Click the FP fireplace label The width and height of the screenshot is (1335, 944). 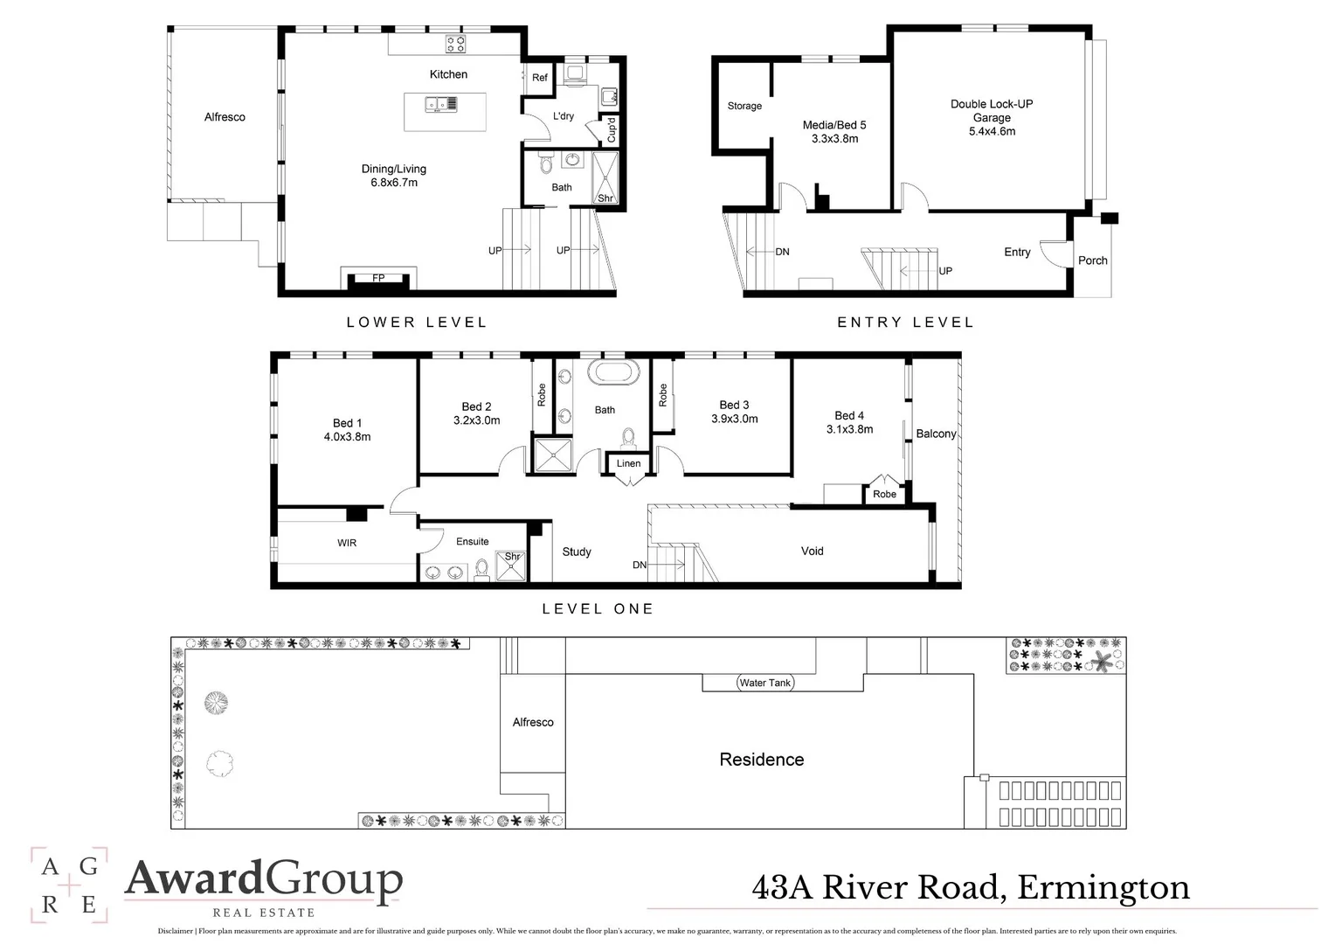point(378,278)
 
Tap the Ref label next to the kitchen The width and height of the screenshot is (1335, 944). point(540,78)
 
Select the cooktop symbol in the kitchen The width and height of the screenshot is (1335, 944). point(455,44)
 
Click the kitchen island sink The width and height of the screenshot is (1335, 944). point(441,105)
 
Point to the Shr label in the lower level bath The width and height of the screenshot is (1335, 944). point(605,198)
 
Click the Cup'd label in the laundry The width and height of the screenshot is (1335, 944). point(612,130)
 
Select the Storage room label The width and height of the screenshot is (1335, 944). point(744,106)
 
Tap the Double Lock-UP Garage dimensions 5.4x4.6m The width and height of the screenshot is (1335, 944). point(992,131)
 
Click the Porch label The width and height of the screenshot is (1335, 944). point(1092,260)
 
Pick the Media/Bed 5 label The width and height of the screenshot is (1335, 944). point(834,125)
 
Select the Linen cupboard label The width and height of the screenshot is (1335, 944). point(628,463)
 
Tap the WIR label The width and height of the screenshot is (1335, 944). point(347,543)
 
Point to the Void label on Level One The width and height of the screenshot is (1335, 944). point(812,551)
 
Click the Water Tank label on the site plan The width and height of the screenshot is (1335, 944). point(764,683)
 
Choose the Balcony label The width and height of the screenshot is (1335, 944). point(936,434)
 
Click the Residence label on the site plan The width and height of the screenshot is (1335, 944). point(761,760)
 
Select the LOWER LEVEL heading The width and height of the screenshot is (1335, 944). point(417,323)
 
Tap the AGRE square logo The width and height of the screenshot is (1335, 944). point(69,885)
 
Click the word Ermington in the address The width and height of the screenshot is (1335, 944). point(1103,888)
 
